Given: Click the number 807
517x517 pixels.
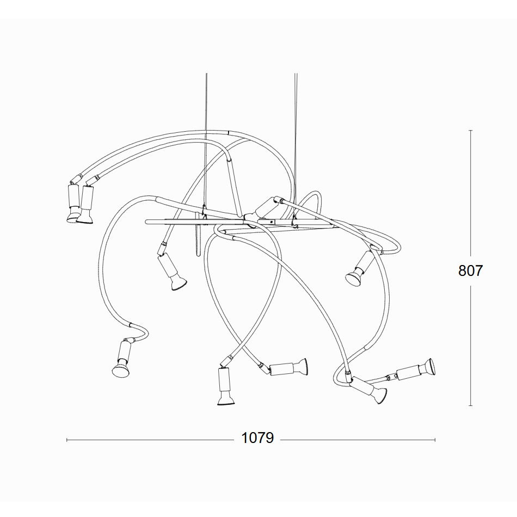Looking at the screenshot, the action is point(471,270).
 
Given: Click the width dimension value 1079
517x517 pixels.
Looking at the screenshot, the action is point(257,438).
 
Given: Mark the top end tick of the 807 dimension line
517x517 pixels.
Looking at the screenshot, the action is point(471,131).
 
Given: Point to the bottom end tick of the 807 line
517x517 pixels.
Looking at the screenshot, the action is point(471,405).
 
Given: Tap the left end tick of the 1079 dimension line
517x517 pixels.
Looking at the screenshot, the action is point(67,440).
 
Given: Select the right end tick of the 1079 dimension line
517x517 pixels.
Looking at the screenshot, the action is point(435,440).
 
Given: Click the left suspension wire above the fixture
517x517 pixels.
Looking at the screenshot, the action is point(206,142).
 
